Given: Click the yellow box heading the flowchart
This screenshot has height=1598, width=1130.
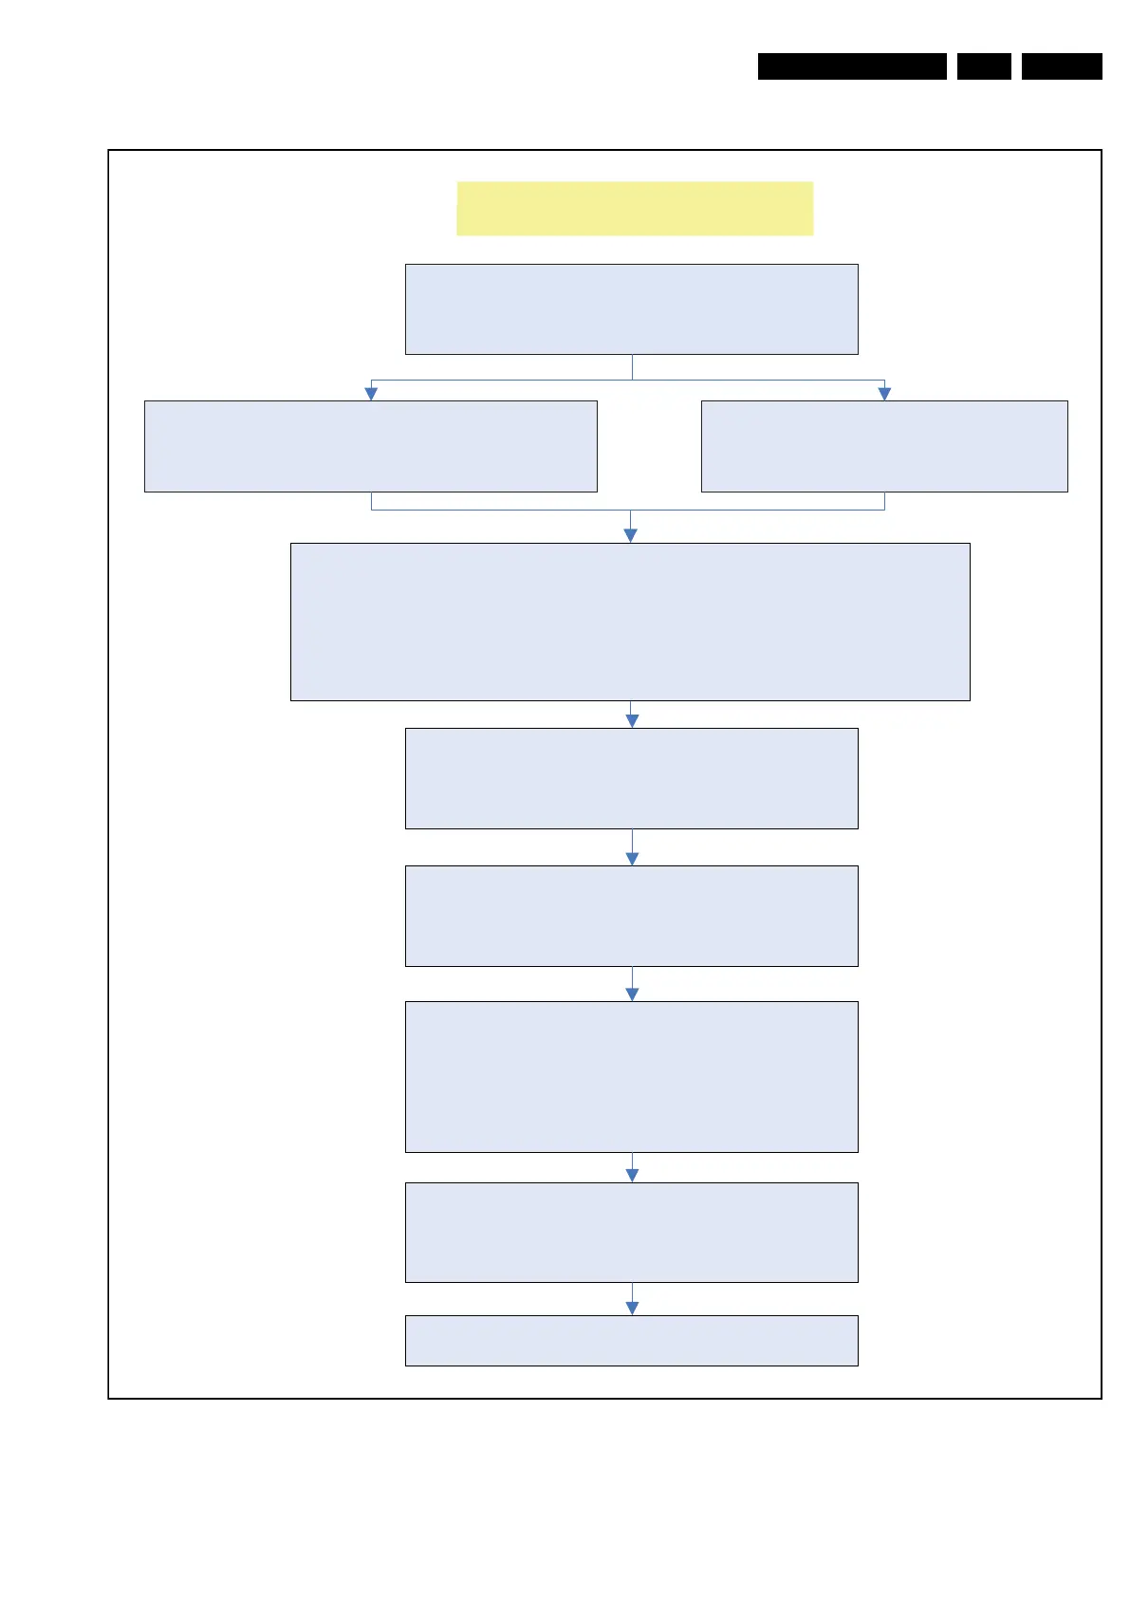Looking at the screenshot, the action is pyautogui.click(x=635, y=208).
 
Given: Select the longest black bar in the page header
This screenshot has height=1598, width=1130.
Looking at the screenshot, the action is pyautogui.click(x=852, y=66).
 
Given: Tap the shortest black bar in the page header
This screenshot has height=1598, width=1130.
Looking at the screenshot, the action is pyautogui.click(x=984, y=66).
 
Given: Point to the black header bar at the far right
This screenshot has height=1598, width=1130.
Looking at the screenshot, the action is pyautogui.click(x=1062, y=66).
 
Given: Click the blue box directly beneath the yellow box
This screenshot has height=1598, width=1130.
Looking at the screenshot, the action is pyautogui.click(x=631, y=309).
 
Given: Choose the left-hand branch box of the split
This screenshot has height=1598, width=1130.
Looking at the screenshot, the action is pyautogui.click(x=370, y=446).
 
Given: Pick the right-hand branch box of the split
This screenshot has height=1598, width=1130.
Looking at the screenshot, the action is pyautogui.click(x=884, y=446).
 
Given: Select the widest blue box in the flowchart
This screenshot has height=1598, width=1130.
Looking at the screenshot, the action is pyautogui.click(x=630, y=622).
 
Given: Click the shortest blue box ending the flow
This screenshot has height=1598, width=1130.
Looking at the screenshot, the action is pyautogui.click(x=631, y=1340).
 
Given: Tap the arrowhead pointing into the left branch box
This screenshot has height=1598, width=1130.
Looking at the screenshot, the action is pyautogui.click(x=371, y=394).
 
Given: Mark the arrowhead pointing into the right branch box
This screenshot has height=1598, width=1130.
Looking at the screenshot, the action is pyautogui.click(x=884, y=394).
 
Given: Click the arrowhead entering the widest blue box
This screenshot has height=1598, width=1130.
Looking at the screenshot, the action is pyautogui.click(x=630, y=535).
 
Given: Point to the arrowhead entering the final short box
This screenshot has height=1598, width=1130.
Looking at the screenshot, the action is pyautogui.click(x=632, y=1308).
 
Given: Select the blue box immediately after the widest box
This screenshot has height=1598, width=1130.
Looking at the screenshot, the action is pyautogui.click(x=631, y=778).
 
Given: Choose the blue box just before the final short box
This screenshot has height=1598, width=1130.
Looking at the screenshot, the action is pyautogui.click(x=631, y=1232).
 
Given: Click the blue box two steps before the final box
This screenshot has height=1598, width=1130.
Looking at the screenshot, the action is pyautogui.click(x=631, y=1076).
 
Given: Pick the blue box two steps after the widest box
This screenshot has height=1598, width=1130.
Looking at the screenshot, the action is pyautogui.click(x=631, y=916).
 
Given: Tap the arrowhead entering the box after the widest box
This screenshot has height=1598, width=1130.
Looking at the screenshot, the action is pyautogui.click(x=632, y=721).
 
